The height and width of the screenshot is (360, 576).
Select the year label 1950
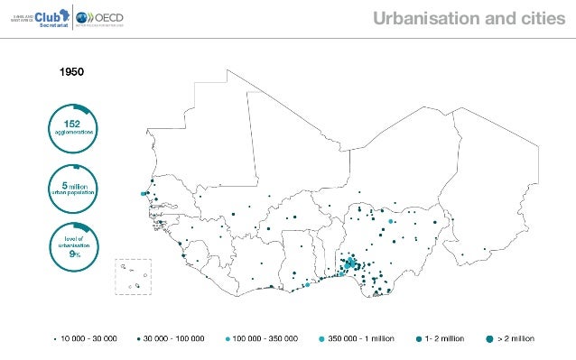[71, 69]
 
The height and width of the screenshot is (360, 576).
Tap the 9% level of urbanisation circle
[72, 245]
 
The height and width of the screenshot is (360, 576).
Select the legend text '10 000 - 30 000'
[88, 339]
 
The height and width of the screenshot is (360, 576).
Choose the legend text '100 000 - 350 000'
[265, 339]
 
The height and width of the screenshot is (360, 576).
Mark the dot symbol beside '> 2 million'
[489, 339]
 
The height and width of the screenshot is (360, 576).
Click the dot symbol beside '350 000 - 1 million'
[321, 339]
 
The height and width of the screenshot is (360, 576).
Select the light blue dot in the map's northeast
[391, 221]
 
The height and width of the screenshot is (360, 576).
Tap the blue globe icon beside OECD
[84, 18]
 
